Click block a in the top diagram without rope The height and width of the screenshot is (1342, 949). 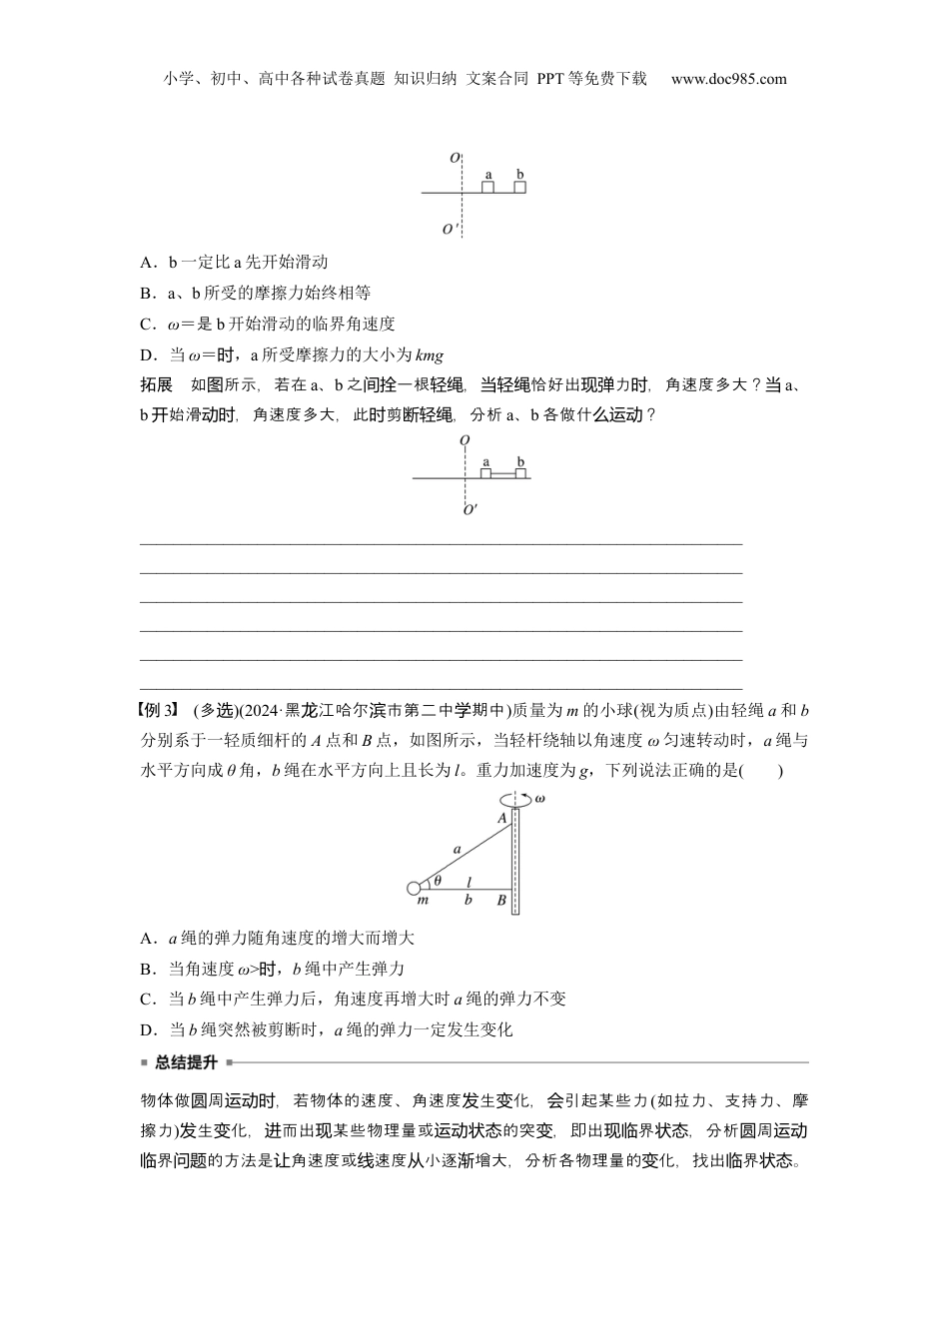(x=487, y=186)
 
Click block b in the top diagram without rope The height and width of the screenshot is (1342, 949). (x=519, y=186)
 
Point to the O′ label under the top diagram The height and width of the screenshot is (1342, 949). (x=451, y=230)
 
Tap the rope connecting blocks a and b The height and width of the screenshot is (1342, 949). (x=502, y=473)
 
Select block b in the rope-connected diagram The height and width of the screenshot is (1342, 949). (x=519, y=473)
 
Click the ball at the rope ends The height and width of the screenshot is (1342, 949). (x=415, y=888)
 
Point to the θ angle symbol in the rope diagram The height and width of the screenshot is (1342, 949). (x=438, y=880)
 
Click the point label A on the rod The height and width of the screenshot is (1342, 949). (x=502, y=818)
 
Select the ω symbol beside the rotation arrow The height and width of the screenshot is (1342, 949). (x=539, y=798)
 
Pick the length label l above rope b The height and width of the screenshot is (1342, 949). (x=469, y=881)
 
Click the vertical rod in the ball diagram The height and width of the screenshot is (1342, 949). (x=515, y=860)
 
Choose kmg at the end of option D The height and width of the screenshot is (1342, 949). (x=429, y=355)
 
